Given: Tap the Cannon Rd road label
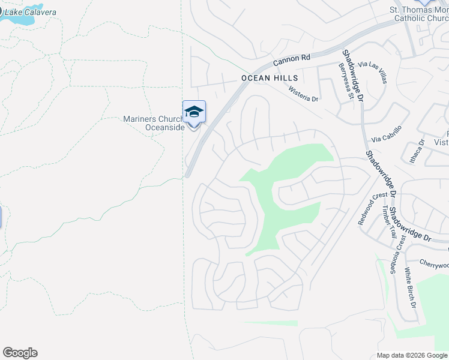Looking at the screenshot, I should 291,59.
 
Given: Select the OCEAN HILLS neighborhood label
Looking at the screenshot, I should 270,78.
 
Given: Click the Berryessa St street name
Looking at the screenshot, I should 346,80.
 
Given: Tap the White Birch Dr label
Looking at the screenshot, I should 410,287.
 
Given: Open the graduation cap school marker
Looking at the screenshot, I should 194,112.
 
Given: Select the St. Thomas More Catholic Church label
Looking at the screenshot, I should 419,14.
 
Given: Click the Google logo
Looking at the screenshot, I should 20,353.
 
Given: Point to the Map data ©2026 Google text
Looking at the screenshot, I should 412,355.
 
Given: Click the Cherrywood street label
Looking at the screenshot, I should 434,265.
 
